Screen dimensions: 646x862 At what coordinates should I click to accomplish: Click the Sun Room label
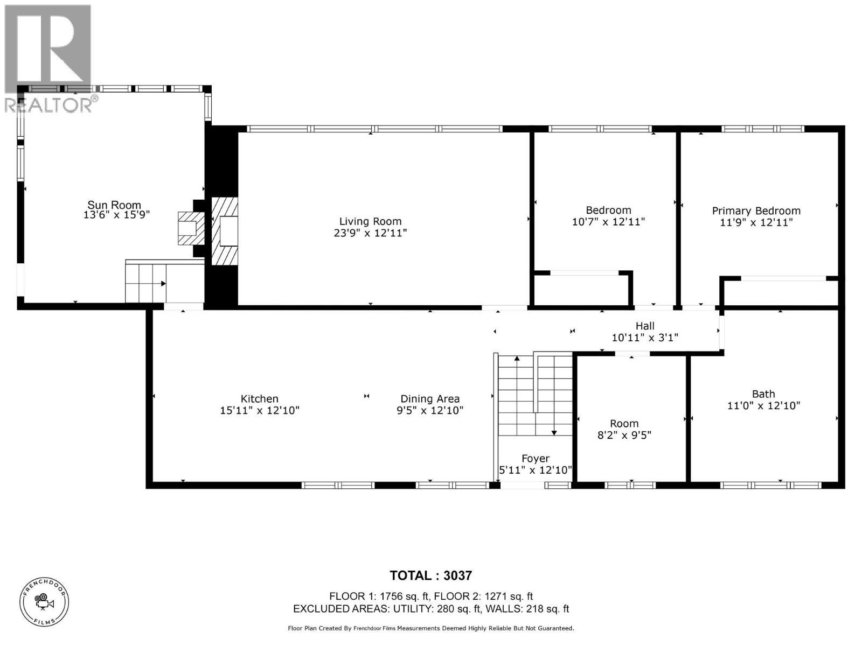pyautogui.click(x=114, y=205)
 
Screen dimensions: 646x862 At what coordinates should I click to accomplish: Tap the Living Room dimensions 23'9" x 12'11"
pyautogui.click(x=370, y=233)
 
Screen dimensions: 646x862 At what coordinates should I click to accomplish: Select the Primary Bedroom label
pyautogui.click(x=756, y=210)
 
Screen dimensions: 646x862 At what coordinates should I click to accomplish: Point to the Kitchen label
pyautogui.click(x=259, y=398)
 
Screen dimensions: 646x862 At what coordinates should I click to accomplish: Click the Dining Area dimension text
pyautogui.click(x=430, y=410)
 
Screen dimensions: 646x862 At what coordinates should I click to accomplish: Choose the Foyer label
pyautogui.click(x=535, y=458)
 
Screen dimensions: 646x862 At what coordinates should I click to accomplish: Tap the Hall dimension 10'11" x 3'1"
pyautogui.click(x=644, y=338)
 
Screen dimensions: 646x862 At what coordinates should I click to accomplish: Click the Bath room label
pyautogui.click(x=763, y=394)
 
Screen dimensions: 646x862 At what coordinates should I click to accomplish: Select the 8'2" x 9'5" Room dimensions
pyautogui.click(x=624, y=435)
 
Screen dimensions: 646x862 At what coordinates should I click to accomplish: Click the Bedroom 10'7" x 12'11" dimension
pyautogui.click(x=608, y=222)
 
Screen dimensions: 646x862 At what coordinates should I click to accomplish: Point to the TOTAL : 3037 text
pyautogui.click(x=430, y=575)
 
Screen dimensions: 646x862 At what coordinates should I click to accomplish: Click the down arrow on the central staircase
pyautogui.click(x=554, y=432)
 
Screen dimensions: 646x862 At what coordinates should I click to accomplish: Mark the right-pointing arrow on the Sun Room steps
pyautogui.click(x=163, y=283)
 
